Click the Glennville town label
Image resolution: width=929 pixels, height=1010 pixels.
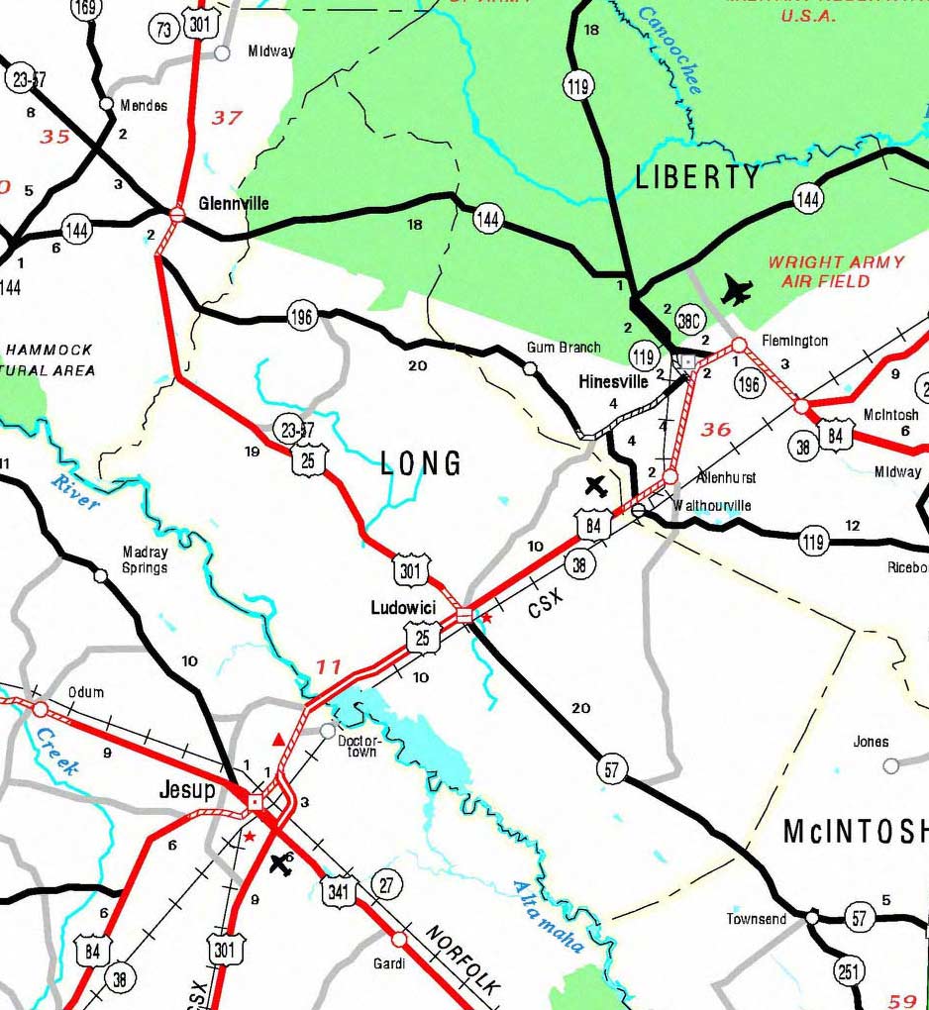coord(233,203)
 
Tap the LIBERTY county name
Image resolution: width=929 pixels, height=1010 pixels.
coord(697,177)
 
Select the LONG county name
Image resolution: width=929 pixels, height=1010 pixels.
coord(421,462)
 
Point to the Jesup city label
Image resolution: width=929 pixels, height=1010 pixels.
coord(187,790)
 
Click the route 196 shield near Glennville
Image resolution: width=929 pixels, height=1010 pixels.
coord(302,318)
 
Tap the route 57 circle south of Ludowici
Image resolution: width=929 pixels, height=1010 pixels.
coord(613,769)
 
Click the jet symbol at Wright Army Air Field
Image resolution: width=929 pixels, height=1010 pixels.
coord(737,290)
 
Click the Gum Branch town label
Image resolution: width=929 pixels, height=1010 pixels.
coord(564,348)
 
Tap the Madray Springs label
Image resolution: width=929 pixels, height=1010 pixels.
coord(145,559)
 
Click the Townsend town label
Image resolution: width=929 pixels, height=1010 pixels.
coord(757,919)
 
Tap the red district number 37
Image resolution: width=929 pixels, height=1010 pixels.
coord(227,118)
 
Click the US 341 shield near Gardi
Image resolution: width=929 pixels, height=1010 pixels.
coord(338,890)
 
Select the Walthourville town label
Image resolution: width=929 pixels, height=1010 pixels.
coord(711,506)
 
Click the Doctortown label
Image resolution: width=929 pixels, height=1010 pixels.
coord(360,747)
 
